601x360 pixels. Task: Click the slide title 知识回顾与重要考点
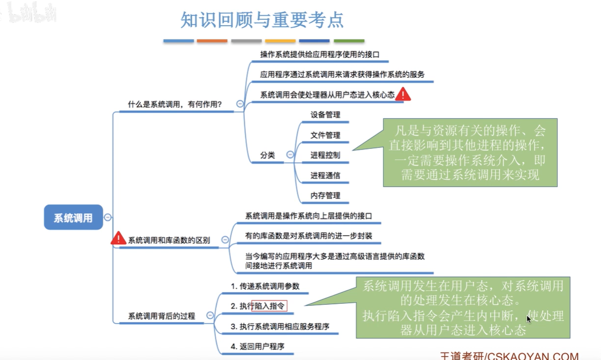coord(262,20)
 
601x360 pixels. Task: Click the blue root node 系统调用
coord(73,217)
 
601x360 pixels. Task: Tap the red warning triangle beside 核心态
coord(403,94)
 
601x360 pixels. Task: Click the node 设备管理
coord(325,115)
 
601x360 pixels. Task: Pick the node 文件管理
coord(325,135)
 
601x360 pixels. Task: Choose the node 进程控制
coord(325,155)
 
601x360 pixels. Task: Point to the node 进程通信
coord(325,175)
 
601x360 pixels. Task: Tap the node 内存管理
coord(325,196)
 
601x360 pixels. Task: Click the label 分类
coord(268,155)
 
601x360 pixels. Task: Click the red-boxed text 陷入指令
coord(269,306)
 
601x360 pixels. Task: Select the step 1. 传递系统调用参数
coord(265,286)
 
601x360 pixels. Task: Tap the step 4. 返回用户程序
coord(258,346)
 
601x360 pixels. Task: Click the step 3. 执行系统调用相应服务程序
coord(280,326)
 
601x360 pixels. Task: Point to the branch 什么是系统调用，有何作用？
coord(175,104)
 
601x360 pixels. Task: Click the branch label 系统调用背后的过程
coord(161,316)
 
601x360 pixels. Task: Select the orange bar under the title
coord(212,41)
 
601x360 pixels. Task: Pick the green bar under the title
coord(349,41)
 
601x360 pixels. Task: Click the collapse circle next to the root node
coord(108,217)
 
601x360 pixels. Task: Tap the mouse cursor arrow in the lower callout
coord(529,319)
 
